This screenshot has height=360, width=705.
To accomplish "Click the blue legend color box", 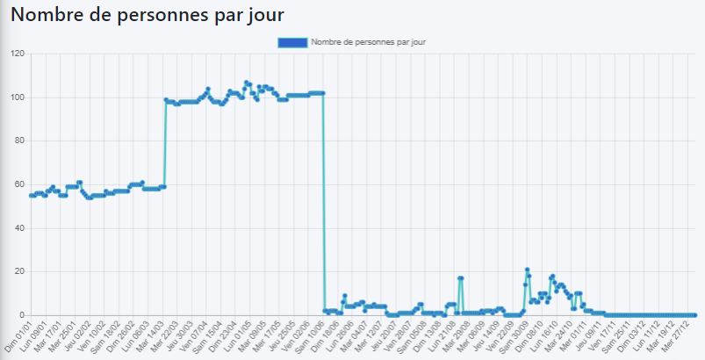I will (x=291, y=42).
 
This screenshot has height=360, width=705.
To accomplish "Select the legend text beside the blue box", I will (x=368, y=42).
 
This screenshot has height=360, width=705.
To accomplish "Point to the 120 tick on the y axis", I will (x=17, y=54).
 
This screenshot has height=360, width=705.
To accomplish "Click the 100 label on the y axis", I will (x=17, y=97).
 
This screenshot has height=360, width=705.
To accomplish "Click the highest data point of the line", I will (x=247, y=83).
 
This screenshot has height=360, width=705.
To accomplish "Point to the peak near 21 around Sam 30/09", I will (x=527, y=270).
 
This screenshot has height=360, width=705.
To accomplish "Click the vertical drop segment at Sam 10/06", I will (x=324, y=202).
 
